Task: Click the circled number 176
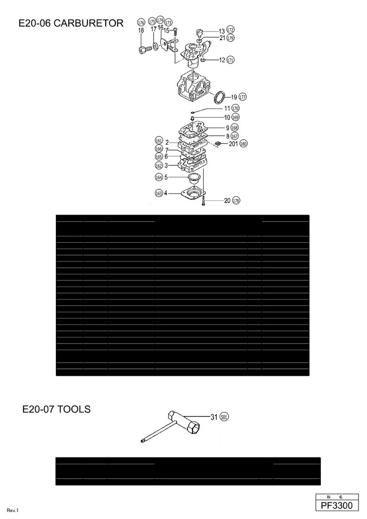pos(141,23)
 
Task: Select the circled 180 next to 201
pos(243,144)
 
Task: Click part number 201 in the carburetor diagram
pos(233,144)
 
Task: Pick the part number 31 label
pos(214,417)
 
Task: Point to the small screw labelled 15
pos(175,31)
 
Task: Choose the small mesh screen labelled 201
pos(219,144)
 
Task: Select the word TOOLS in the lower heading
pos(73,409)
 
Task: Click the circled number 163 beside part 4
pos(159,193)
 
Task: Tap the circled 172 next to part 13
pos(230,31)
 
